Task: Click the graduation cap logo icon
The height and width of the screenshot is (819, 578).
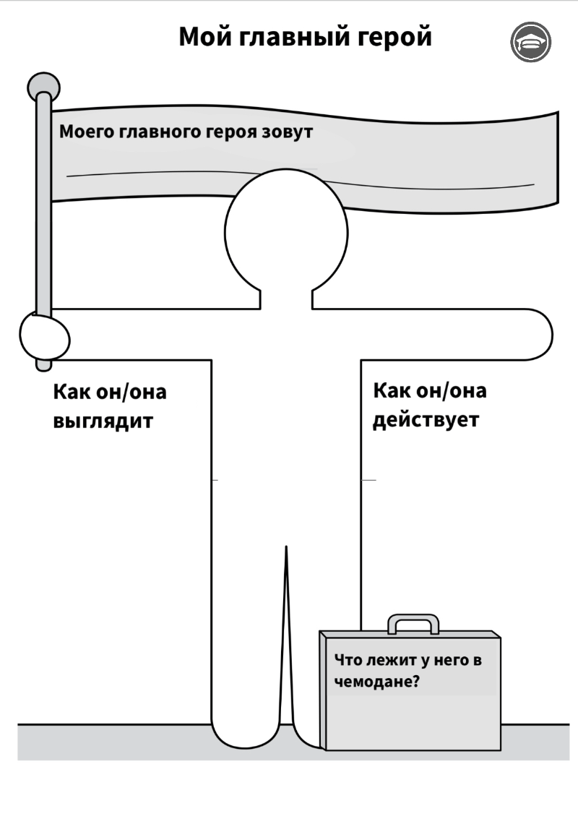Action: coord(530,42)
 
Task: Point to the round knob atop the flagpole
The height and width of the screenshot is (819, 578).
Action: coord(43,86)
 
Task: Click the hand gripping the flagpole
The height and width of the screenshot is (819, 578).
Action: coord(44,338)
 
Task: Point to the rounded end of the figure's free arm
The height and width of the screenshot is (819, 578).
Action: coord(538,334)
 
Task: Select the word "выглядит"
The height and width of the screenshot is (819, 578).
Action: coord(103,421)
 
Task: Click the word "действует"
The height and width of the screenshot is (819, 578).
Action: coord(426,420)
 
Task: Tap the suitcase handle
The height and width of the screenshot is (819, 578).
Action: coord(413,624)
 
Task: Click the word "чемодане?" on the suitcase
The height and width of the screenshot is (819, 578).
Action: coord(376,682)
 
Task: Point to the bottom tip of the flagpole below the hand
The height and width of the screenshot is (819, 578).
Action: coord(44,366)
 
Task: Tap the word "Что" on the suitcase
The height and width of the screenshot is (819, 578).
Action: coord(348,660)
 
